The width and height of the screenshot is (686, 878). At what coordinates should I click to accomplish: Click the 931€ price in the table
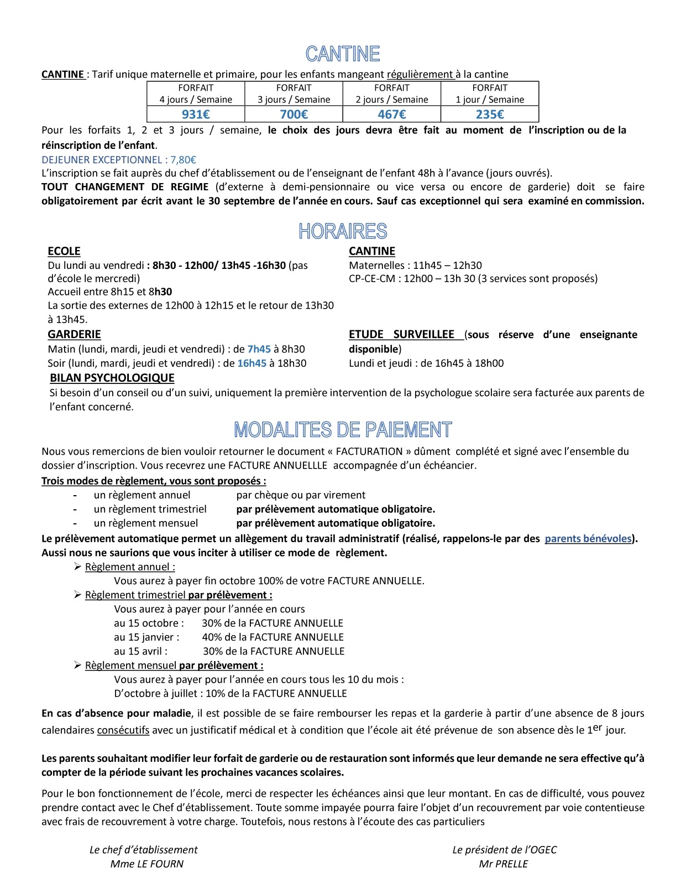click(196, 115)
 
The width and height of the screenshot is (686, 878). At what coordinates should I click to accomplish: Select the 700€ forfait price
click(294, 115)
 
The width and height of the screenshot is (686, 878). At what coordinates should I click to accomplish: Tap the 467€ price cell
click(392, 115)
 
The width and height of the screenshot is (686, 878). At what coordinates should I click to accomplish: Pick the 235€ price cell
click(490, 115)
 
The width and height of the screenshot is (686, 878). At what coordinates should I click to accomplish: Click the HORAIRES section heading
click(343, 231)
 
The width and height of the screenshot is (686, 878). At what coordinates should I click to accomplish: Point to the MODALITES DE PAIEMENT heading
click(343, 430)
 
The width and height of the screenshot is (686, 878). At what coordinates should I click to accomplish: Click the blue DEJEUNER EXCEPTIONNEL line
click(119, 160)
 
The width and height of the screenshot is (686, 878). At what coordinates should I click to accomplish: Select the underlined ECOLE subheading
click(64, 251)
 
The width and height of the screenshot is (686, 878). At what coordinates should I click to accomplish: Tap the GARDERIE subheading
click(74, 334)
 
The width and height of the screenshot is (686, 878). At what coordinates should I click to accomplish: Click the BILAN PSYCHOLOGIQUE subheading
click(112, 378)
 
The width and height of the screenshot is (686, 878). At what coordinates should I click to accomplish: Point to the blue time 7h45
click(259, 349)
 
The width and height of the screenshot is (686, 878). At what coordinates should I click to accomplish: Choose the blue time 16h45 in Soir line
click(252, 363)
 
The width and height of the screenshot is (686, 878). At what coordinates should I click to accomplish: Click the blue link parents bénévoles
click(588, 538)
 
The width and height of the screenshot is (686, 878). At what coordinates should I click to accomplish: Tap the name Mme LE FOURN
click(147, 864)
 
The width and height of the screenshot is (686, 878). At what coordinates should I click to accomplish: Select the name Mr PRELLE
click(504, 864)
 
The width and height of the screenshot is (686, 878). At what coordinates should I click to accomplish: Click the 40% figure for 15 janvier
click(211, 637)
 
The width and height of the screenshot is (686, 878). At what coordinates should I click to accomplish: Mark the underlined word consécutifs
click(123, 730)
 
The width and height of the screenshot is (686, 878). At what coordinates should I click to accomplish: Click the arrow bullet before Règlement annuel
click(77, 566)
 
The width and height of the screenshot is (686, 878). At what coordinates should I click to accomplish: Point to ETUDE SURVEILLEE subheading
click(401, 334)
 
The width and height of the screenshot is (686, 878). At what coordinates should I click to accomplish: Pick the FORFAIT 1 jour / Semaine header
click(490, 93)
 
